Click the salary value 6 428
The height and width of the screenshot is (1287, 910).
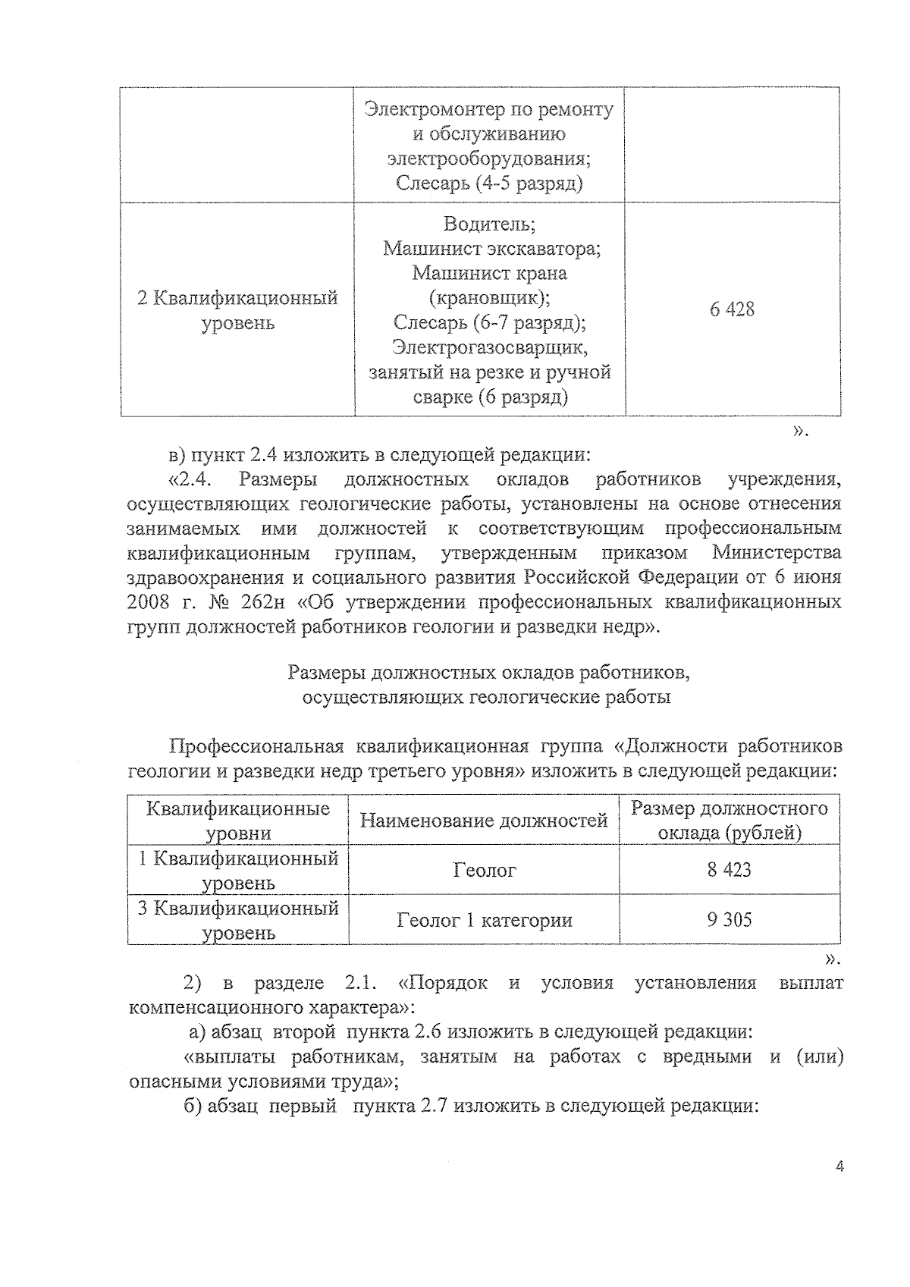[732, 309]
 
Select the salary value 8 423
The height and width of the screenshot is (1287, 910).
[729, 869]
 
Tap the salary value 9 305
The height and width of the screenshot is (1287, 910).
[729, 920]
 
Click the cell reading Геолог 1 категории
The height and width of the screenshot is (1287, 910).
[485, 921]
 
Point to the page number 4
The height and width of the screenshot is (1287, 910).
[839, 1188]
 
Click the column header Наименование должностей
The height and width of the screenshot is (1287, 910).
[484, 820]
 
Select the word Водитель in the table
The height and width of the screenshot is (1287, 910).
[489, 224]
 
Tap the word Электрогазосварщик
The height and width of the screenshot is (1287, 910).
[490, 348]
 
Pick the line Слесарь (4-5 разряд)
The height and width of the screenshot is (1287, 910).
[489, 184]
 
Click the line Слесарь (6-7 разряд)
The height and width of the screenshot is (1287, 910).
[489, 323]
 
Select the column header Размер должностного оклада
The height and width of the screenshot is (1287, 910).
[729, 820]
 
